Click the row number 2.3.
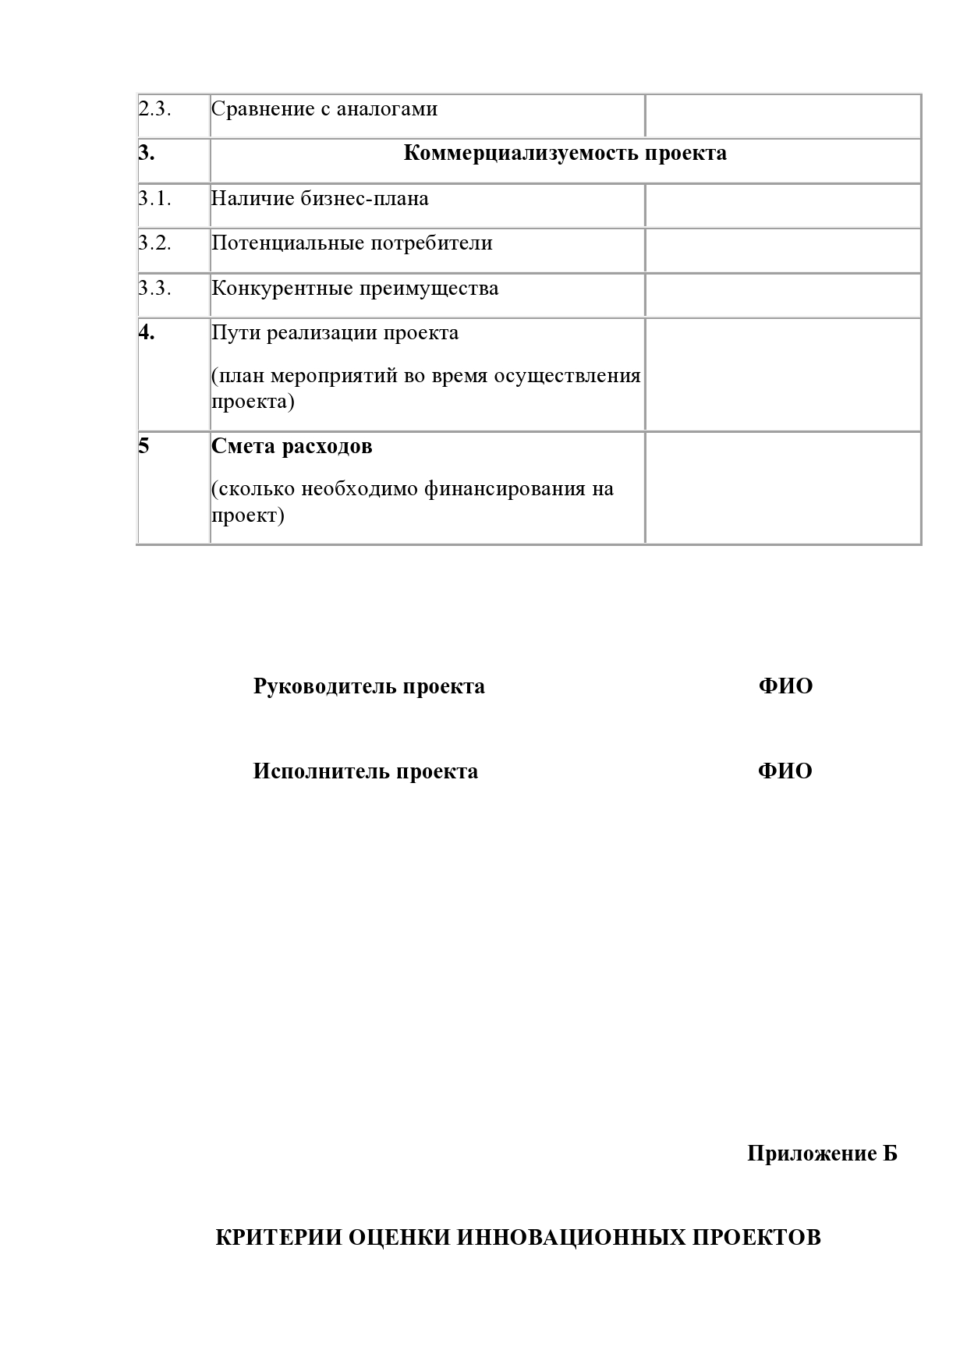154,109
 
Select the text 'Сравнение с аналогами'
324,109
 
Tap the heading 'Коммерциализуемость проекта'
565,154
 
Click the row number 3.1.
154,199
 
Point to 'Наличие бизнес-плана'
320,199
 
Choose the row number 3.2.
154,243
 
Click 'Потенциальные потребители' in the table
352,243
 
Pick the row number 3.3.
154,289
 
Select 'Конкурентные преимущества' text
355,289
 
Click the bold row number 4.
147,333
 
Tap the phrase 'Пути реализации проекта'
335,333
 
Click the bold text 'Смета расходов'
292,447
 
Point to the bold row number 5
143,447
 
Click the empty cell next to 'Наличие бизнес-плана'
782,205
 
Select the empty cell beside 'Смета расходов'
782,487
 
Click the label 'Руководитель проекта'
369,687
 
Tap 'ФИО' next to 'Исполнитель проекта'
785,772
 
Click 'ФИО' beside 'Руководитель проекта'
785,687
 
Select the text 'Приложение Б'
822,1154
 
